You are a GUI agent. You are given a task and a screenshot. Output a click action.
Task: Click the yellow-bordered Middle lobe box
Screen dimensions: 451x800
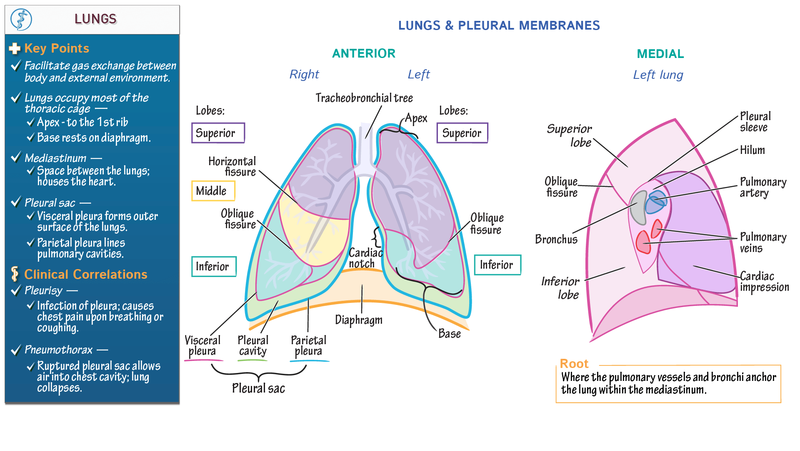(x=213, y=191)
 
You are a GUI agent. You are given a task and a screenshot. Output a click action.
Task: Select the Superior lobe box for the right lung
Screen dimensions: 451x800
(x=217, y=133)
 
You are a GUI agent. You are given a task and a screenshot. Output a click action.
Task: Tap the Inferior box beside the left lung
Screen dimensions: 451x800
(x=497, y=265)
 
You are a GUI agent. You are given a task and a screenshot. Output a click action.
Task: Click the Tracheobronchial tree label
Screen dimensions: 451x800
(x=364, y=98)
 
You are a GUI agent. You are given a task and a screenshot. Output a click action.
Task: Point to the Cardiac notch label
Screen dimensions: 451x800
(x=365, y=258)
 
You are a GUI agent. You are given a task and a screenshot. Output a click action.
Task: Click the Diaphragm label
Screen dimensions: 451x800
(x=358, y=320)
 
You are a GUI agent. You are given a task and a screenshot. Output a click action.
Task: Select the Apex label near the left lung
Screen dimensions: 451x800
(x=416, y=118)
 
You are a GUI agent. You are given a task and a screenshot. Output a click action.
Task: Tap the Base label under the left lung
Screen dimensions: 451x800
(x=449, y=334)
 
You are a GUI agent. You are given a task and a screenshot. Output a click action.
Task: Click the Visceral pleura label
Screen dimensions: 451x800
(x=202, y=346)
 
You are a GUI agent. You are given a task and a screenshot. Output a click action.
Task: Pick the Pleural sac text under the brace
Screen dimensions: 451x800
(x=258, y=388)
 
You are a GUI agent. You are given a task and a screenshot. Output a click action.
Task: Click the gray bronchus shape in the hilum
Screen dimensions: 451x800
(x=638, y=208)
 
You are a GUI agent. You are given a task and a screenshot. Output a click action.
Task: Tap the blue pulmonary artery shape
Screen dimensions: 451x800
(x=655, y=202)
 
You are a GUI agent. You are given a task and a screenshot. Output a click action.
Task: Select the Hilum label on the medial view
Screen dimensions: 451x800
(x=752, y=150)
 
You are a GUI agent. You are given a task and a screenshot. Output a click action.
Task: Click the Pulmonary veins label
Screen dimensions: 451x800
(x=762, y=243)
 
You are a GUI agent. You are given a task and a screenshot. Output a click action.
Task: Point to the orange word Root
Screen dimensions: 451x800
(x=574, y=363)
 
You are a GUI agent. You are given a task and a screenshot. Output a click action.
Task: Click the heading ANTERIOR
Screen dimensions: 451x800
(x=363, y=53)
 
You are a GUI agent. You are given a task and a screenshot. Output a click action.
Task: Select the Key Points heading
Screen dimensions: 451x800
(x=57, y=48)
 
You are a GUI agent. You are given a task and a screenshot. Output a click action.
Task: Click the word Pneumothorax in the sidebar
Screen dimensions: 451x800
(x=58, y=350)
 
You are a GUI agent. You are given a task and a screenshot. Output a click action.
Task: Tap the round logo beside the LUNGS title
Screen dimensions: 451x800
(x=21, y=19)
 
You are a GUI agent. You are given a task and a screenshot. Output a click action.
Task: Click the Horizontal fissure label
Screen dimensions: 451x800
(x=232, y=166)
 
